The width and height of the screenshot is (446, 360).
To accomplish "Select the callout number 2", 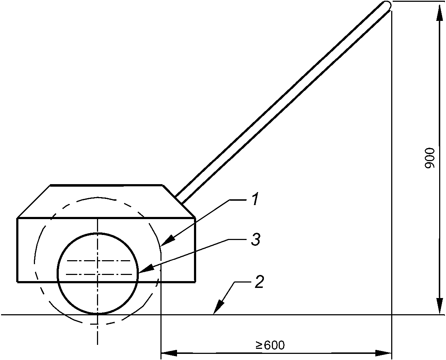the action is pos(259,281).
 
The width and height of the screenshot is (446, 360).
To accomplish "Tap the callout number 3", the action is pos(256,239).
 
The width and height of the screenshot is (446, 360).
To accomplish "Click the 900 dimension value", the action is pos(430,158).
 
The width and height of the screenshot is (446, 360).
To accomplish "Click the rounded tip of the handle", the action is pos(387,5).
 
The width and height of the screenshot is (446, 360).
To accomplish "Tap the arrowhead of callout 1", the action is pos(168,240).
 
